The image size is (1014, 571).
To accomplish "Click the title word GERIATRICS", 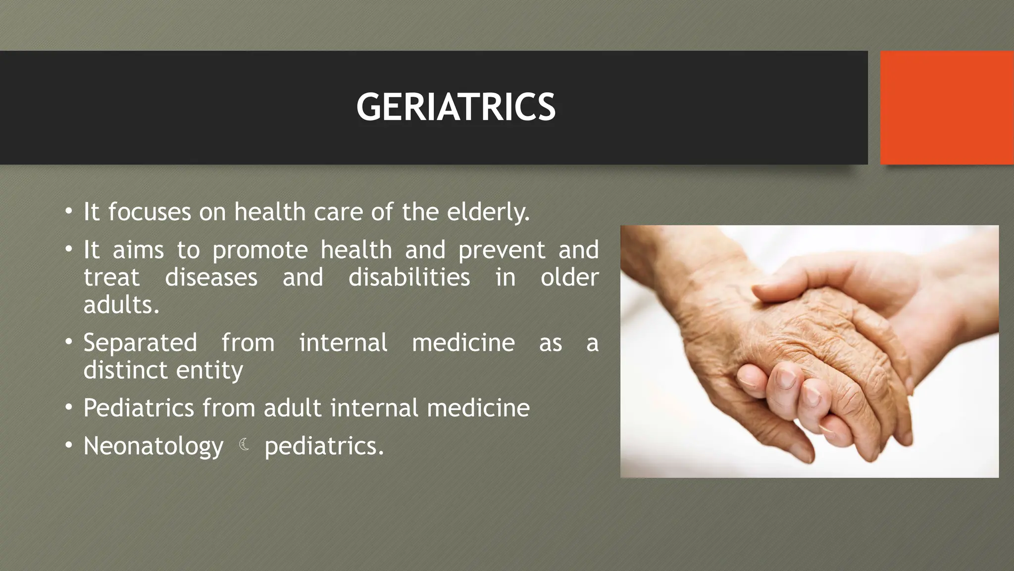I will (456, 107).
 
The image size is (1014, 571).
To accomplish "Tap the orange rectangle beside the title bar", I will (947, 107).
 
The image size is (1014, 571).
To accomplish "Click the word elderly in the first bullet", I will (488, 212).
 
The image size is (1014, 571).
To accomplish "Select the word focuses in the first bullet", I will (150, 212).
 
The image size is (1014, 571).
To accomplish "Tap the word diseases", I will (211, 278).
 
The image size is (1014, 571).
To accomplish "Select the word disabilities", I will (409, 278).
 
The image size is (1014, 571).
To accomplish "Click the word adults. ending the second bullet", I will (121, 305).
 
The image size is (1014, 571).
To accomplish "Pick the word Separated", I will (140, 343).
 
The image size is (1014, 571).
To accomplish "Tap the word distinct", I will (125, 370).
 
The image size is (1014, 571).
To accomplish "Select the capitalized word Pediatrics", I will (139, 408).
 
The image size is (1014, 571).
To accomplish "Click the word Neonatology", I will (153, 446).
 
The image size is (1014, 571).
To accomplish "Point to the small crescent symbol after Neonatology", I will (244, 445).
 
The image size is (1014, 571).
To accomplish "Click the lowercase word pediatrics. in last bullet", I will (324, 446).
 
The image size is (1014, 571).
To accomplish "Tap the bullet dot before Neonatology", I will (69, 445).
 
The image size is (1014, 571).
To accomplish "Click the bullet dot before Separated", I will (69, 342).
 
